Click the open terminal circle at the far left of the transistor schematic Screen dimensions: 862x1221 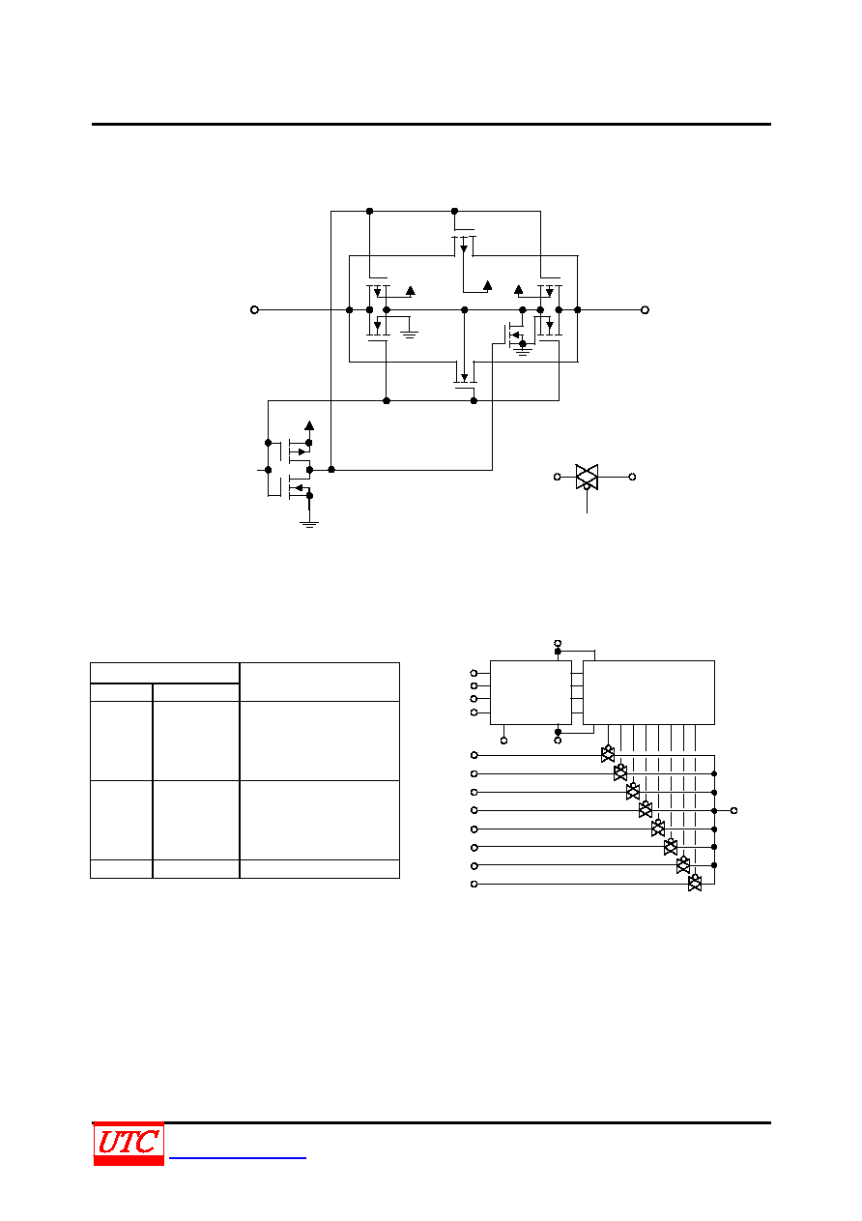(x=254, y=309)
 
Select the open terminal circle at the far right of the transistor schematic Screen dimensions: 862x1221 (x=645, y=309)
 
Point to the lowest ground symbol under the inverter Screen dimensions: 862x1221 (x=309, y=524)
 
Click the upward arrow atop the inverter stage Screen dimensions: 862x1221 (x=309, y=425)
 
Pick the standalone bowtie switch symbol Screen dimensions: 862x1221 (x=587, y=477)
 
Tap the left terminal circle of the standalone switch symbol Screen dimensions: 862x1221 (x=557, y=477)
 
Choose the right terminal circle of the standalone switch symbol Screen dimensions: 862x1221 (x=632, y=477)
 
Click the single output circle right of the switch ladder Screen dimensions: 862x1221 (x=733, y=810)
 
